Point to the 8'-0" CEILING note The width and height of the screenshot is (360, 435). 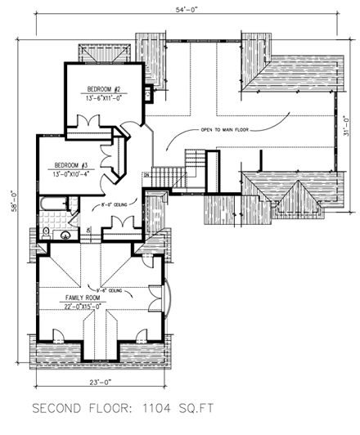coord(109,196)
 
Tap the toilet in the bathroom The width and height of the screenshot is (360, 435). coord(47,233)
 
